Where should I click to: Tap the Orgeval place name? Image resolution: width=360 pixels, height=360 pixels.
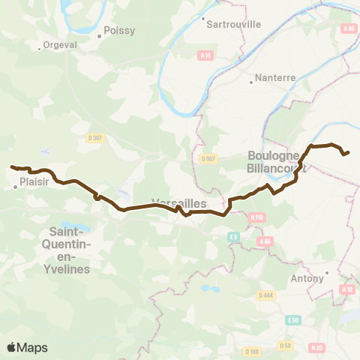[59, 45]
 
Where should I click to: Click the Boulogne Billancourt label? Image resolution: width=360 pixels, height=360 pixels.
[274, 162]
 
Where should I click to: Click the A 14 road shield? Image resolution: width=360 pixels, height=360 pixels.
[205, 55]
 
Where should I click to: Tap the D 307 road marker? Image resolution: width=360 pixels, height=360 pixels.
[94, 136]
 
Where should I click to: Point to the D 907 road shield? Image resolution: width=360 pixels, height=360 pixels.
[208, 158]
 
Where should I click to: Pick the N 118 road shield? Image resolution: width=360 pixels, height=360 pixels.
[256, 217]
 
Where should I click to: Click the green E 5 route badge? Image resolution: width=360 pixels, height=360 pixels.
[233, 236]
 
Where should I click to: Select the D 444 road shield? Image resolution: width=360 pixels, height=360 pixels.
[265, 295]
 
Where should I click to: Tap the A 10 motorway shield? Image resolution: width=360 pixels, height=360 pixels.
[346, 289]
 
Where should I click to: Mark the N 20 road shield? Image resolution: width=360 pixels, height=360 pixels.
[316, 346]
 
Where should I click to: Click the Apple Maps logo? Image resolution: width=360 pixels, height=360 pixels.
[27, 347]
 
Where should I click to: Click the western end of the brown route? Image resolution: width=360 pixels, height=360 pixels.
[11, 166]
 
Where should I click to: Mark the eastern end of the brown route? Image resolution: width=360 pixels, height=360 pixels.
[348, 152]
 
